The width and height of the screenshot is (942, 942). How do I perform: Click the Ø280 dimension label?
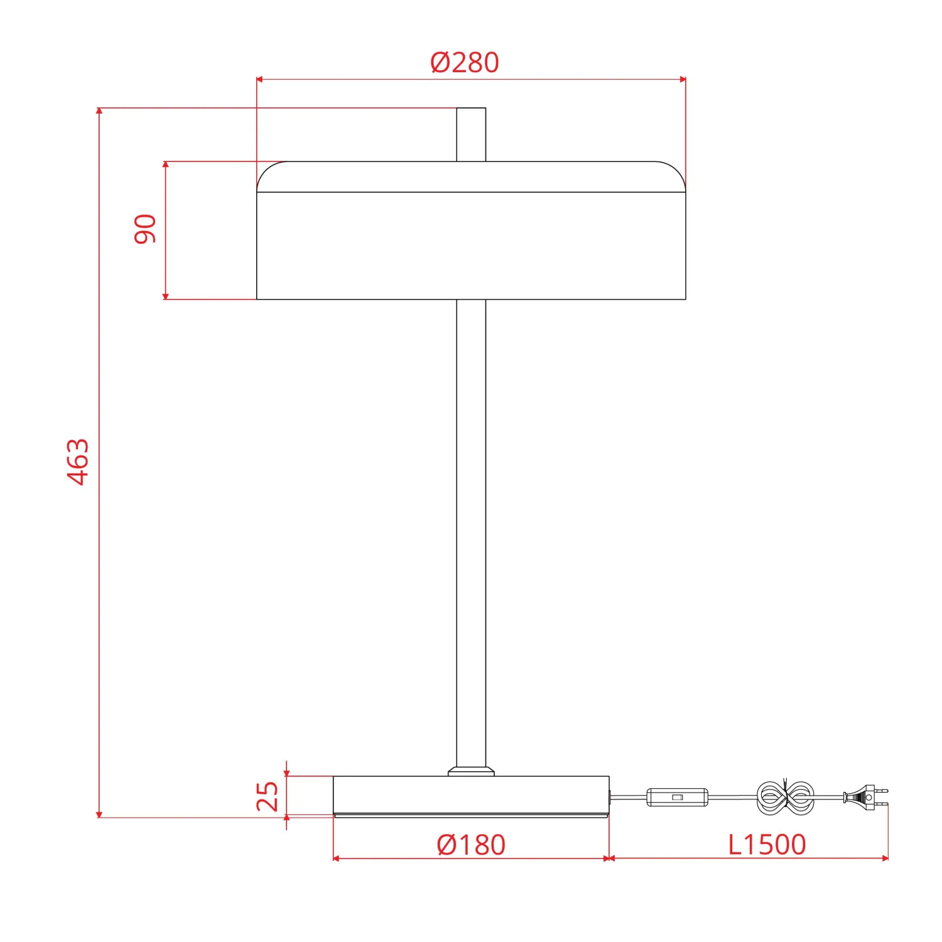click(465, 62)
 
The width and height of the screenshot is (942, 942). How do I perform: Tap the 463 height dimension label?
click(78, 462)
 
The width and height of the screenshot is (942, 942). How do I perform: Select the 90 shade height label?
click(145, 229)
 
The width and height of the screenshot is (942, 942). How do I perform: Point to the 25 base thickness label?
click(268, 796)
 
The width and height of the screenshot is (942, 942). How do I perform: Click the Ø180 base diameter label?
click(471, 845)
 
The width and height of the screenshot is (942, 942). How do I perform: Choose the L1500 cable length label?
click(767, 845)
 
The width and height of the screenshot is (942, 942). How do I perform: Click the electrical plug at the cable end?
click(866, 797)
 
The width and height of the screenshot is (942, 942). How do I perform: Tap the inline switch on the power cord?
click(678, 797)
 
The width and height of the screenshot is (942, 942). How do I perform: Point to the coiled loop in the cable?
click(785, 798)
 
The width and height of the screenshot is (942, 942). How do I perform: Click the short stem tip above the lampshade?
click(471, 134)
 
